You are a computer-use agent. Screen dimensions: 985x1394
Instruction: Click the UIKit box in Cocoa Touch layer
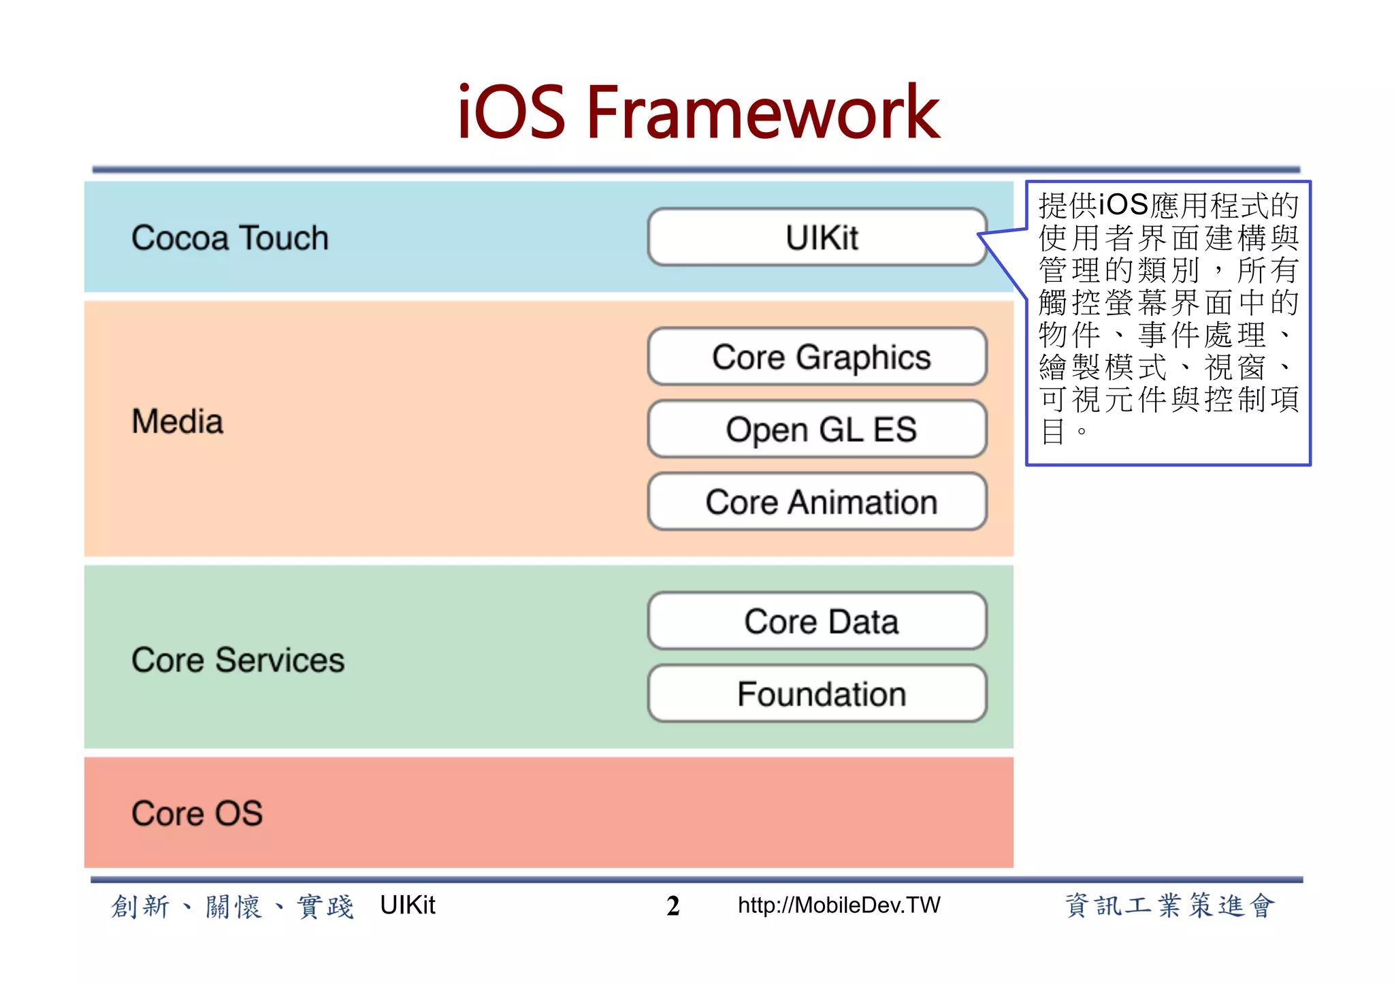tap(817, 237)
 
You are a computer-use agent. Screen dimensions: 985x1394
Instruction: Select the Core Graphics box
tap(817, 357)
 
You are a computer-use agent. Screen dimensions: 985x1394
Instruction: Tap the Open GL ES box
tap(817, 429)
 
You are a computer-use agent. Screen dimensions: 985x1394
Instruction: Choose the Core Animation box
tap(817, 502)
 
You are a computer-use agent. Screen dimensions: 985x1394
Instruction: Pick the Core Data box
tap(817, 621)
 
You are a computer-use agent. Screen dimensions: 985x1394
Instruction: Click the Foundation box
tap(817, 694)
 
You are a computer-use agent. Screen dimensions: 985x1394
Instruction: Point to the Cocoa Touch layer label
tap(229, 238)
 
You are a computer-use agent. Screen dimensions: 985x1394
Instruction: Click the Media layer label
tap(177, 421)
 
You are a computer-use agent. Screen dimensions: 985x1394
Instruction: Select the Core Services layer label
tap(238, 660)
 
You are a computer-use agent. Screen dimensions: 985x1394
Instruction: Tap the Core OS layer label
tap(197, 813)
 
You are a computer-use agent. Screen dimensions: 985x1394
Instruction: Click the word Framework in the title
tap(762, 112)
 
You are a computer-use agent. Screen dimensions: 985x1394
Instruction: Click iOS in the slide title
tap(510, 112)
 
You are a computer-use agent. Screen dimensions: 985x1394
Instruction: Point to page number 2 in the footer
tap(672, 906)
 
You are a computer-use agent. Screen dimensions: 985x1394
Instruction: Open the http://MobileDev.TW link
tap(839, 905)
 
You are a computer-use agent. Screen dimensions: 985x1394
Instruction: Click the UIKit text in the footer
tap(407, 905)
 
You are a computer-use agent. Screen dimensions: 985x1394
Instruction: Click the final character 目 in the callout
tap(1052, 431)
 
